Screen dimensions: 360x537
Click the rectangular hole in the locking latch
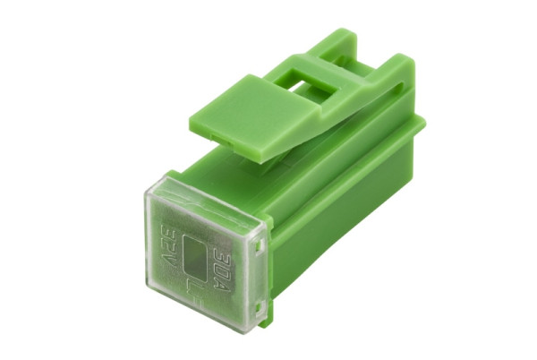click(x=313, y=78)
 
